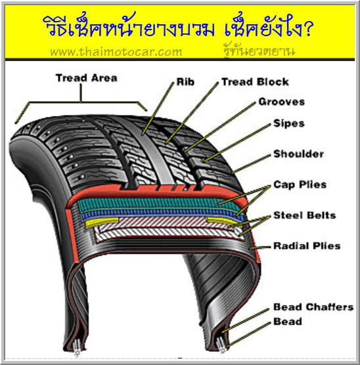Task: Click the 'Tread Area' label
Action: (x=87, y=78)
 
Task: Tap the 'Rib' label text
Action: (x=185, y=81)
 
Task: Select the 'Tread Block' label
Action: (x=255, y=81)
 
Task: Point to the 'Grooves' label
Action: (x=281, y=102)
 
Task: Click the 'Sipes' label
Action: (x=289, y=123)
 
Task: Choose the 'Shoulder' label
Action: (x=298, y=154)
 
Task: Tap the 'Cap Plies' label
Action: (x=300, y=184)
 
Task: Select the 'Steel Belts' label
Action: (x=305, y=215)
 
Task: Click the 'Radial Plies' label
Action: (x=307, y=246)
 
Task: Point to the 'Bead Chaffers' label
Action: (x=313, y=307)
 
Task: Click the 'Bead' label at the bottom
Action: (x=288, y=322)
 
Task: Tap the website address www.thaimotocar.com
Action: (x=116, y=51)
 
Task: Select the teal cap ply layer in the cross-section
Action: (x=158, y=204)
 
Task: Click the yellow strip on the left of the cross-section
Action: (x=101, y=222)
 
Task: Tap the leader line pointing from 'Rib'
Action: (x=158, y=108)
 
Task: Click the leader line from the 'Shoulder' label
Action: (x=251, y=163)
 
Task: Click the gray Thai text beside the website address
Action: (x=259, y=51)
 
